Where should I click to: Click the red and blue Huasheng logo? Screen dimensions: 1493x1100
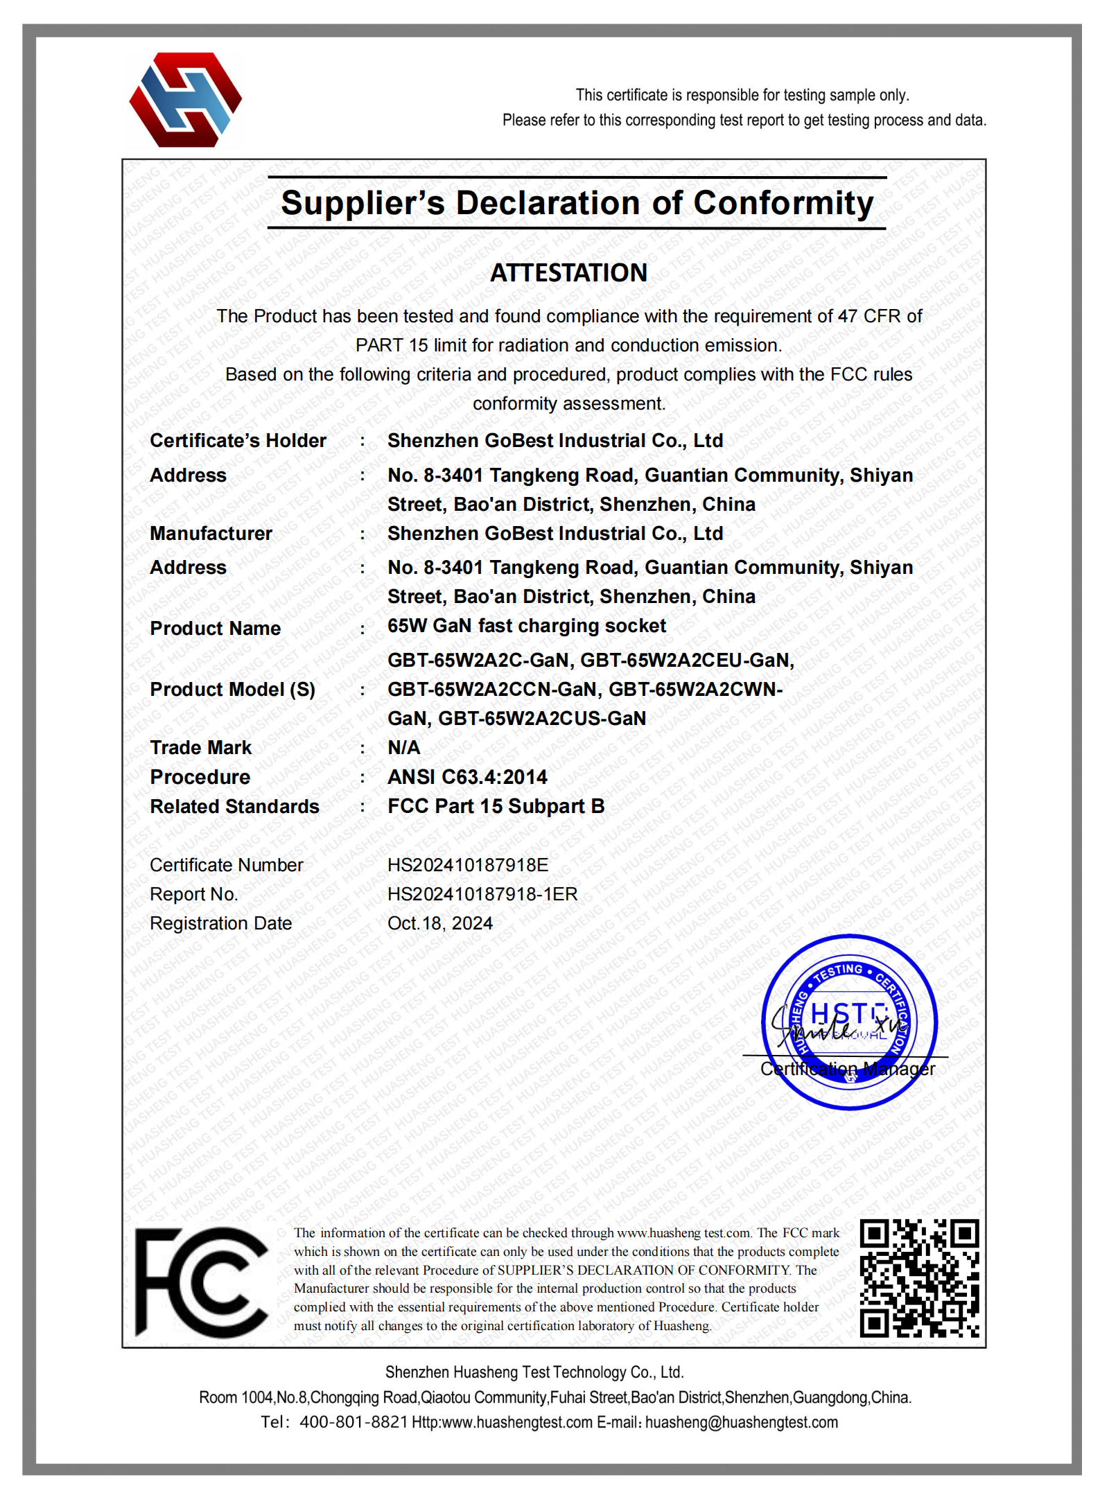click(185, 100)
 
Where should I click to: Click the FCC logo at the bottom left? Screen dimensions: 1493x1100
click(201, 1282)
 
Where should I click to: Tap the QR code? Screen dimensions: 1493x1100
click(919, 1277)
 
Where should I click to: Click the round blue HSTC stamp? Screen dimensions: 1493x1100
click(849, 1022)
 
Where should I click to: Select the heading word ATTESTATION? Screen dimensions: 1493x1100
click(568, 273)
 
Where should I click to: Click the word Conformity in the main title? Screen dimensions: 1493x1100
click(783, 203)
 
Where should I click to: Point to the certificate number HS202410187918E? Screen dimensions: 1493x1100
click(468, 865)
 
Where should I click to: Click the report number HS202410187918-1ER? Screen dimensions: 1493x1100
click(482, 894)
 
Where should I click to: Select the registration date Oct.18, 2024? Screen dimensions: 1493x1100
click(440, 923)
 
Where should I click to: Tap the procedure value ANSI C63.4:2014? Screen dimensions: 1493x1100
click(467, 777)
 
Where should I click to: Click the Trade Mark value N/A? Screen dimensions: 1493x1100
click(404, 747)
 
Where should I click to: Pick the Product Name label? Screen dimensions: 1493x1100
click(216, 628)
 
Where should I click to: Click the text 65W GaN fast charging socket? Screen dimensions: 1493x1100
click(527, 626)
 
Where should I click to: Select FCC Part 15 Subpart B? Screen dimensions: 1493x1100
click(496, 806)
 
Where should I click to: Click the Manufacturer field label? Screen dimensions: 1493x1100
click(211, 533)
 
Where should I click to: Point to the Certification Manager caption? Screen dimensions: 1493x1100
click(847, 1069)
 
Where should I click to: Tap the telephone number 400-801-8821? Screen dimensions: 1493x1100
click(353, 1422)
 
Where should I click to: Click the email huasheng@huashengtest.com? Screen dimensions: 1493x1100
click(742, 1422)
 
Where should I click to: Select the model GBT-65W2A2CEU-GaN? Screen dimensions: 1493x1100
click(687, 660)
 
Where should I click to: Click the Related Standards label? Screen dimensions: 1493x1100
click(234, 806)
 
